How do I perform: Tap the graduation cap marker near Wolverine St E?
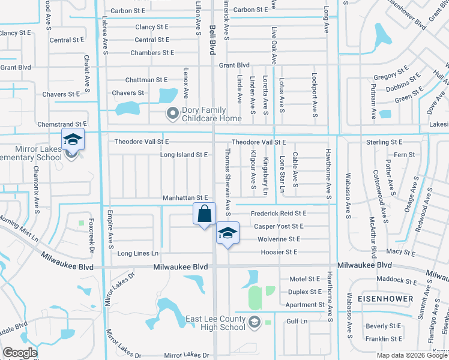pos(228,233)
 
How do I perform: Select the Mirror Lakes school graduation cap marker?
pos(72,140)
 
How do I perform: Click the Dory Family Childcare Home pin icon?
pos(173,113)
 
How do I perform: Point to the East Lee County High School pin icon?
pos(255,322)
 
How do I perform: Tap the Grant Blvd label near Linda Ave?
pos(234,65)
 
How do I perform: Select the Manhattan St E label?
pos(185,197)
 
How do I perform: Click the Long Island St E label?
pos(184,155)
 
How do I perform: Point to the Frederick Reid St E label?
pos(279,213)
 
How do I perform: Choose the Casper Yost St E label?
pos(279,226)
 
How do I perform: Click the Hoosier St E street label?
pos(279,252)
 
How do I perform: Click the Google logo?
pos(20,353)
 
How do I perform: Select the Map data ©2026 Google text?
pos(412,355)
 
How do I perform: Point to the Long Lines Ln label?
pos(138,253)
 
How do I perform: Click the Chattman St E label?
pos(146,80)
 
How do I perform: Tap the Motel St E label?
pos(305,279)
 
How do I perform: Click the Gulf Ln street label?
pos(297,322)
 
